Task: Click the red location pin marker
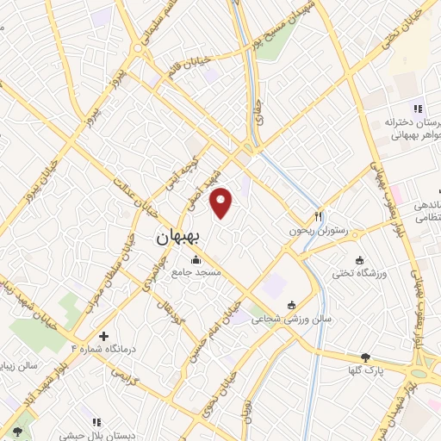[x=222, y=202]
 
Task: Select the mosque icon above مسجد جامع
[x=196, y=260]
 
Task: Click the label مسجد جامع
[x=196, y=272]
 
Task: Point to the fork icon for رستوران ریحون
[x=318, y=217]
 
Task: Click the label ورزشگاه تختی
[x=361, y=273]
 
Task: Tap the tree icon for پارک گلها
[x=367, y=357]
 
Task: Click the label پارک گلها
[x=367, y=370]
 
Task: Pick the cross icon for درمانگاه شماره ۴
[x=104, y=335]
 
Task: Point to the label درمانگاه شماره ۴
[x=103, y=348]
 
